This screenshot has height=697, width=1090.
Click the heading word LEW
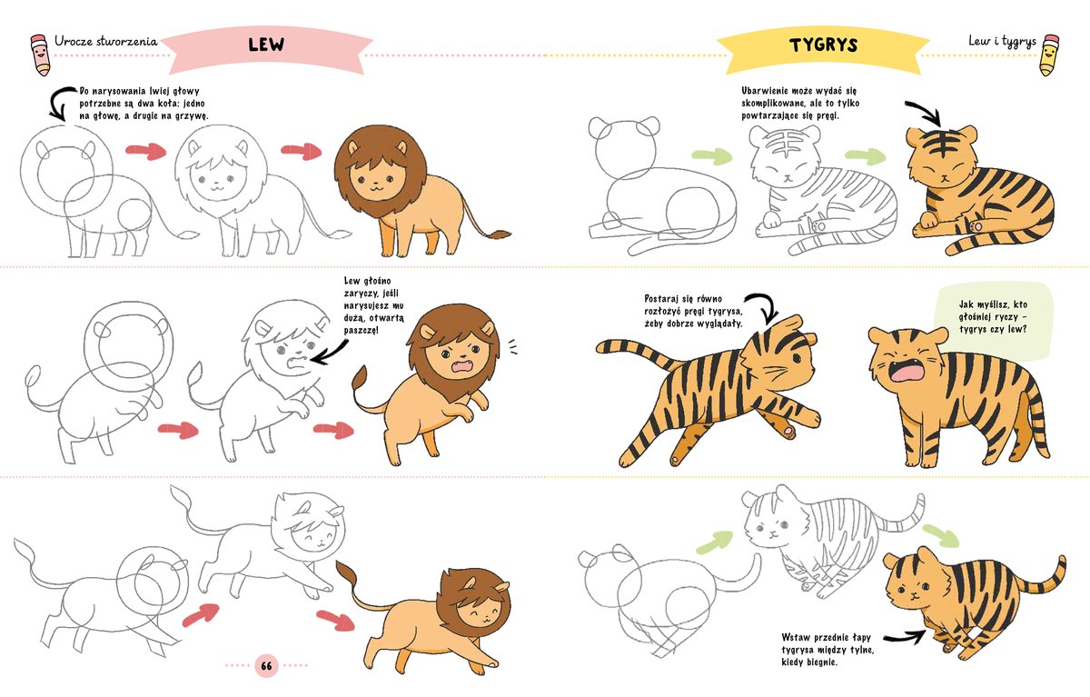pos(266,45)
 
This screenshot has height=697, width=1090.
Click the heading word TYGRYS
pos(823,45)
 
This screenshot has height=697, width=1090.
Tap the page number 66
pos(266,665)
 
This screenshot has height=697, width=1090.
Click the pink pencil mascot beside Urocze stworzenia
pos(40,55)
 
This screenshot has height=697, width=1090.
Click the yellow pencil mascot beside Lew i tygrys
pos(1049,55)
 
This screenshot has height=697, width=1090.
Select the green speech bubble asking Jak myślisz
pos(994,323)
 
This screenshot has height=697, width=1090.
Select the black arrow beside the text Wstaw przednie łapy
pos(905,637)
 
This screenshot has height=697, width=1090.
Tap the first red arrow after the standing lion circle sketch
pos(146,151)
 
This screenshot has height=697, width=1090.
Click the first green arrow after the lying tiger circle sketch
pos(712,156)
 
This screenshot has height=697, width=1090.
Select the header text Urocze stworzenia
pos(106,41)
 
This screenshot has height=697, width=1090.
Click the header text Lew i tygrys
pos(1002,42)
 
